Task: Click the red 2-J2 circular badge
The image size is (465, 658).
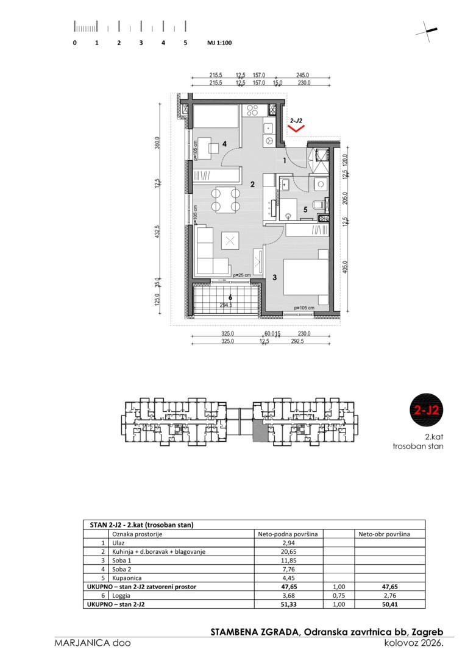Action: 426,409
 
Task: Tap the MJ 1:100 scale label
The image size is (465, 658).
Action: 219,43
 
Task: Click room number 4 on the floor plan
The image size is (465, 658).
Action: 225,144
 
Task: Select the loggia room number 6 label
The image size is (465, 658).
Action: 230,299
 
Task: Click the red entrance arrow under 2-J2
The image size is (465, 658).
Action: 297,129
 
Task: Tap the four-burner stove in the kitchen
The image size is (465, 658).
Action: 252,110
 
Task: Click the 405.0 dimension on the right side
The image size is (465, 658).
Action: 345,267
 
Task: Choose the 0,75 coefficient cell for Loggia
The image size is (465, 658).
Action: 339,595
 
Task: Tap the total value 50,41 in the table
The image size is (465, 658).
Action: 390,604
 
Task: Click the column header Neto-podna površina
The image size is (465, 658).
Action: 288,534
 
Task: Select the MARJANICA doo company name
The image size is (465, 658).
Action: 92,643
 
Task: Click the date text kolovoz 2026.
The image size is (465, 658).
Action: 414,643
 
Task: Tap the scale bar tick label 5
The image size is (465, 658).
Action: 185,43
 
